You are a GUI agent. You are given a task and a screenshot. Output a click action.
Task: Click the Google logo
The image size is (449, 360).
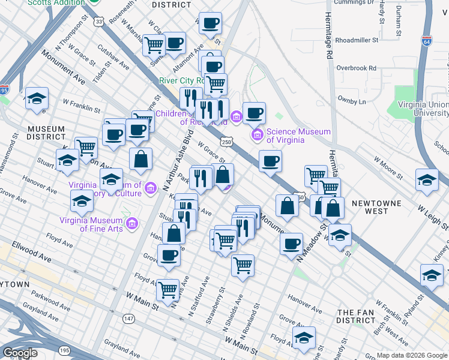point(20,353)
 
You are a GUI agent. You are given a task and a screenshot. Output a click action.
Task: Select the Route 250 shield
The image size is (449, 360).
point(226,142)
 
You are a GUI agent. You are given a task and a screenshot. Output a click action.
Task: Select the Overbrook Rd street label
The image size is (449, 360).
point(356,68)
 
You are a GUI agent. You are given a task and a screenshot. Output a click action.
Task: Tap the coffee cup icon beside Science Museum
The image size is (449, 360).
point(255,112)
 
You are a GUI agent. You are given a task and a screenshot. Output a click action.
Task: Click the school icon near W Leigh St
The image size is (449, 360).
point(427,179)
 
